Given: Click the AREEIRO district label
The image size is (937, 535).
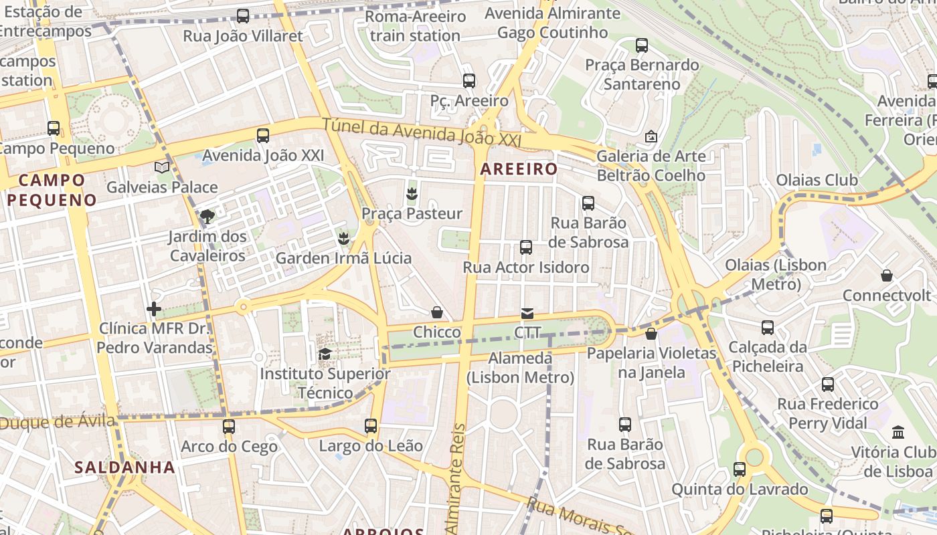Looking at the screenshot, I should tap(519, 169).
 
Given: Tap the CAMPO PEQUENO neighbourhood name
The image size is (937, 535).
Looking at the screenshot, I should tap(52, 189).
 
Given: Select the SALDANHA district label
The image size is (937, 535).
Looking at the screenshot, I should tap(125, 467).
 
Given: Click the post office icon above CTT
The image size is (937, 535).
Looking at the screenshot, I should tap(527, 313).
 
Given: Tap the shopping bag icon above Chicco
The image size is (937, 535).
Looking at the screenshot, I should tap(437, 312).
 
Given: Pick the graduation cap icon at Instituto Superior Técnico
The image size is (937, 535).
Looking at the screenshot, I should tap(325, 354).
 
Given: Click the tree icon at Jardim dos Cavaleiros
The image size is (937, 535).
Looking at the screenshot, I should tap(207, 216).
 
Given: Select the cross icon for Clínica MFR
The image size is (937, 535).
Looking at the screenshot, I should tap(154, 308).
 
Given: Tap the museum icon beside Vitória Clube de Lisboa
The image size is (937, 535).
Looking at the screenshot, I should tap(898, 432).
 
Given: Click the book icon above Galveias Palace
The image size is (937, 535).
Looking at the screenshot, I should tap(162, 167).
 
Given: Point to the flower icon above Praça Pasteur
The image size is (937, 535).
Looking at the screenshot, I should tap(412, 194).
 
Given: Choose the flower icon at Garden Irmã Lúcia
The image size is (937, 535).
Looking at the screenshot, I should tap(343, 238).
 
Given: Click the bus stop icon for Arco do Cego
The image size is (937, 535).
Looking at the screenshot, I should tap(229, 426).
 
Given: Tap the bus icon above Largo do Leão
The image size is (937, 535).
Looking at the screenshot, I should tap(371, 425).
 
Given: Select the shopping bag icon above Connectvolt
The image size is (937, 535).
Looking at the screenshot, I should tap(887, 276).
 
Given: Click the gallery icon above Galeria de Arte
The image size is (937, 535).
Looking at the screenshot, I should tap(651, 136).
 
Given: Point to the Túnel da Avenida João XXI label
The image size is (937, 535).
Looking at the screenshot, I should tap(421, 132).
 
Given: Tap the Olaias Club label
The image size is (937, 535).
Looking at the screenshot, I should tap(817, 180).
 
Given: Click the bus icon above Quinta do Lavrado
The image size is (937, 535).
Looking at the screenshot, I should tap(740, 469).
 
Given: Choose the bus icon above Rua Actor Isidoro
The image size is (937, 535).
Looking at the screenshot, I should tap(526, 247).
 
